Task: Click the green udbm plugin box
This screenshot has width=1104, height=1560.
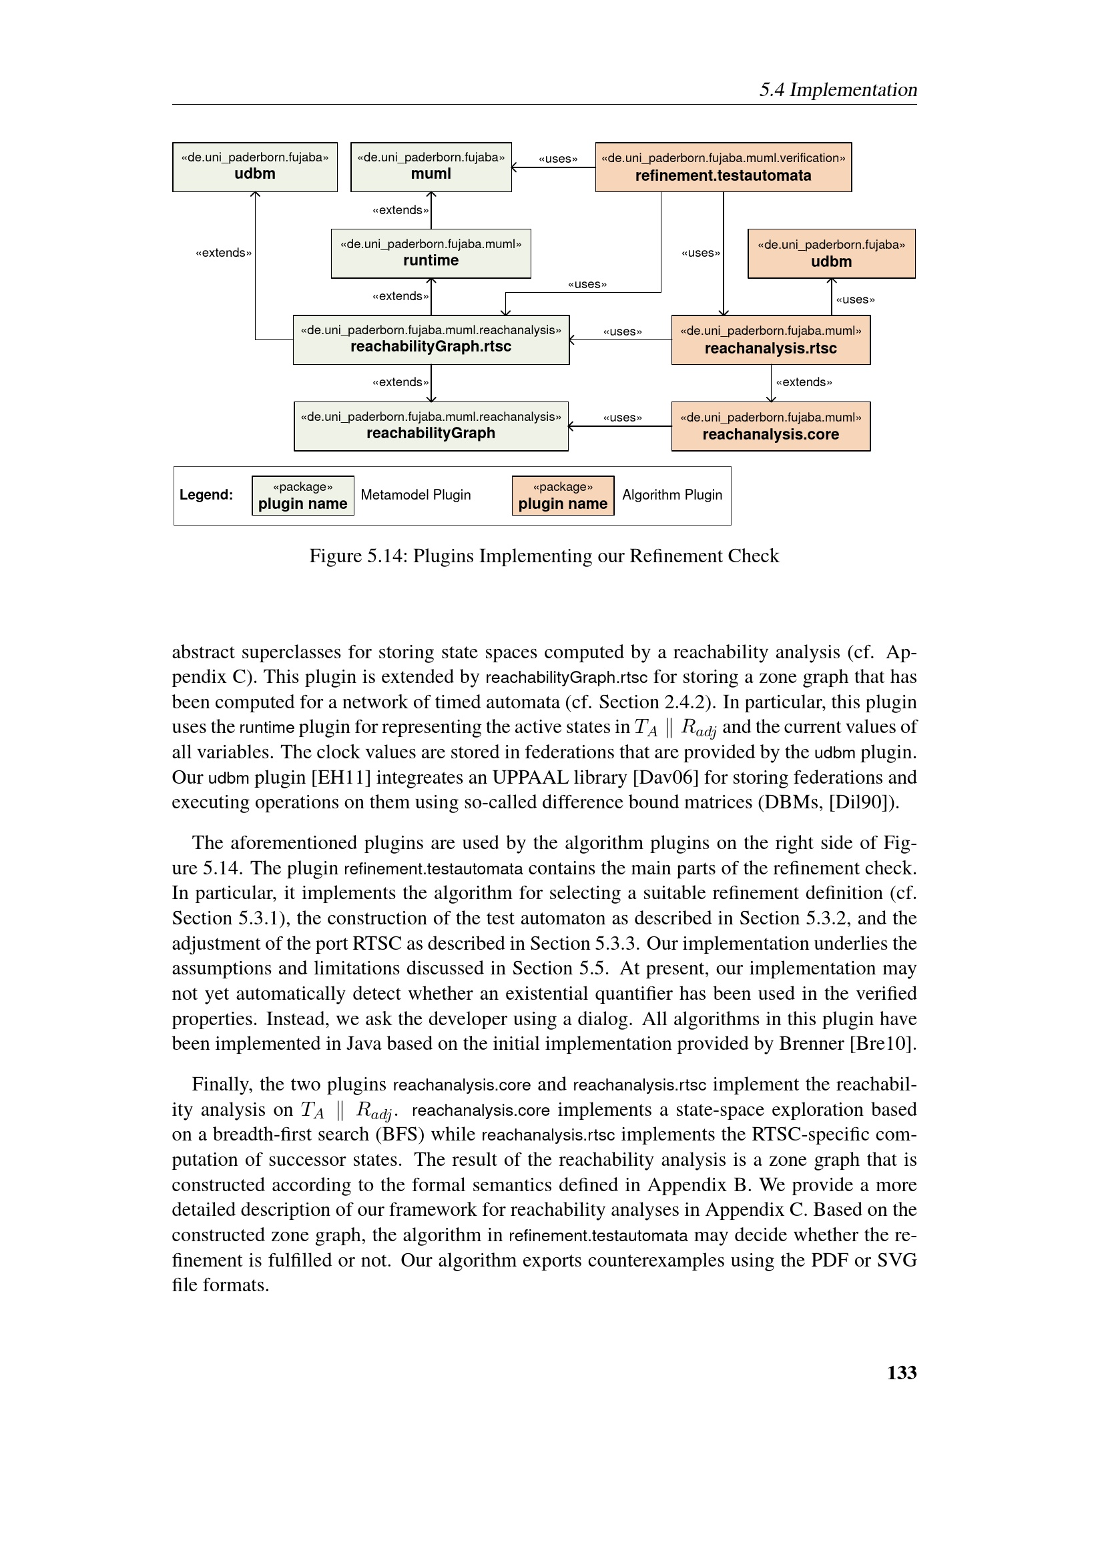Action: tap(255, 167)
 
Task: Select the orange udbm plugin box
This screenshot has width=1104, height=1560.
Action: tap(831, 253)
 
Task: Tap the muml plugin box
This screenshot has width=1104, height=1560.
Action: tap(431, 167)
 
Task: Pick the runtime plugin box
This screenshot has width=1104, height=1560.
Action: tap(431, 253)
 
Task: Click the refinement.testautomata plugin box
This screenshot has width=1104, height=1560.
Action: tap(723, 167)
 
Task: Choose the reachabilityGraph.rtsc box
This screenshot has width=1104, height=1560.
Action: tap(431, 339)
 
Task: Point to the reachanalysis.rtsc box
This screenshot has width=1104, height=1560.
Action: tap(770, 339)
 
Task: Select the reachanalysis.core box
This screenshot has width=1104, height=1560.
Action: tap(770, 426)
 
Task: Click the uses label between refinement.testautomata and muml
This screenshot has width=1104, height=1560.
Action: tap(557, 159)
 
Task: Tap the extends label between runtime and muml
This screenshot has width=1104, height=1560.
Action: tap(400, 210)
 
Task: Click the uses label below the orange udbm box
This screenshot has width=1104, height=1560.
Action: tap(855, 299)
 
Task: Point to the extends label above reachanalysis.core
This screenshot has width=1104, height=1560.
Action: tap(804, 382)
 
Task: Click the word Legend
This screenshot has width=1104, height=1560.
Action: tap(206, 495)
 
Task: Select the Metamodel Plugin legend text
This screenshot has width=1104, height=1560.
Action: tap(415, 495)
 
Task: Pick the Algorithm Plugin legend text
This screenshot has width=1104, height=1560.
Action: tap(671, 495)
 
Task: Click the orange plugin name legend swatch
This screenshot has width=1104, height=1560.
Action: tap(562, 496)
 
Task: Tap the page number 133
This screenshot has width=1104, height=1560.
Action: tap(901, 1373)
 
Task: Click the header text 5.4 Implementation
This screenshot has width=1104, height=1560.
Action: tap(838, 89)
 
